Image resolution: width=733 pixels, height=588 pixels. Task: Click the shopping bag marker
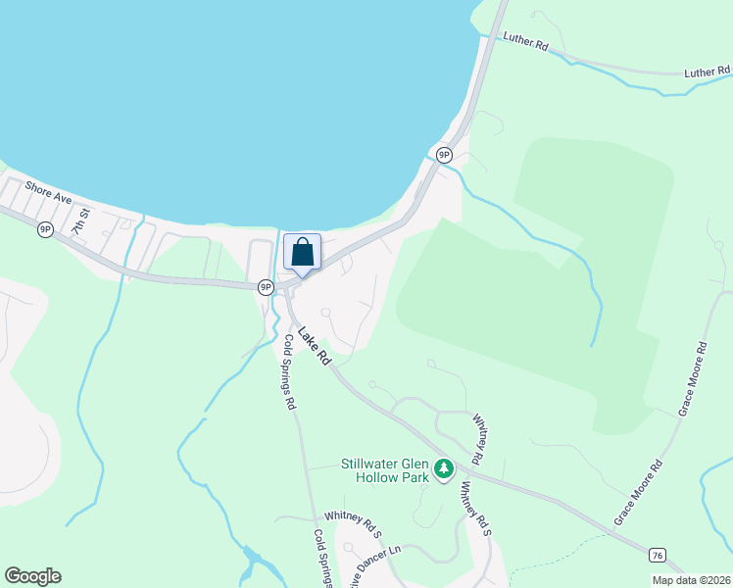302,252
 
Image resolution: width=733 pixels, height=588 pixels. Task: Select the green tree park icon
444,469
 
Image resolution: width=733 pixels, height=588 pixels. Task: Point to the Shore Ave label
49,191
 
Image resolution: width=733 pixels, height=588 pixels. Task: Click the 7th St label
79,221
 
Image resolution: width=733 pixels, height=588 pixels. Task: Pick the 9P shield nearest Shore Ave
45,229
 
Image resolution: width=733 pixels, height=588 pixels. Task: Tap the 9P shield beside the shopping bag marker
266,287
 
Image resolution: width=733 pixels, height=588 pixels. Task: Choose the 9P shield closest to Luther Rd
444,155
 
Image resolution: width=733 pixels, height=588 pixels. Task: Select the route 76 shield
657,556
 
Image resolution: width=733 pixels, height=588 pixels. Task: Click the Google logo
32,576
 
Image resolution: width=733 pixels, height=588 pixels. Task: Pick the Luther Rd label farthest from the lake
707,72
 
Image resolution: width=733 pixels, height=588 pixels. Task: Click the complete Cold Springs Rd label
289,371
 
